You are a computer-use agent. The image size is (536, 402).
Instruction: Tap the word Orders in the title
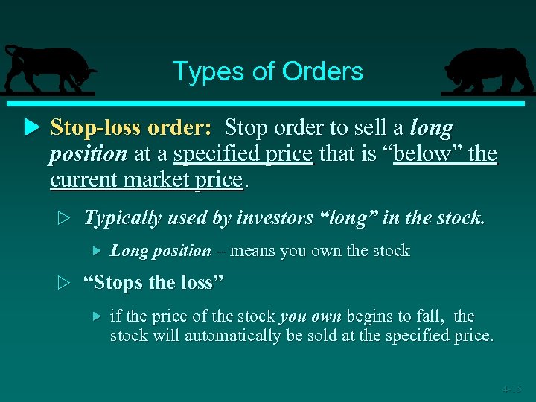322,71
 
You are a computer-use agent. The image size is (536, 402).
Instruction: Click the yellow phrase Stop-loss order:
131,127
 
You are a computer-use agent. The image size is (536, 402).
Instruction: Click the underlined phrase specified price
243,153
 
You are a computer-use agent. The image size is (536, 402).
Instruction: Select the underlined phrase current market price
146,179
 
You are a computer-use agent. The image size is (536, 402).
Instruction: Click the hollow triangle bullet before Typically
64,218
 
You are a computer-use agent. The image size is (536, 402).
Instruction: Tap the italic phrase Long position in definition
160,250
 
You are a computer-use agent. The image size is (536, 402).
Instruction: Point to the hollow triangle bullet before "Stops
64,284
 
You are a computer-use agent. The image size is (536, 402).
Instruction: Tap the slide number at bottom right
511,388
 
